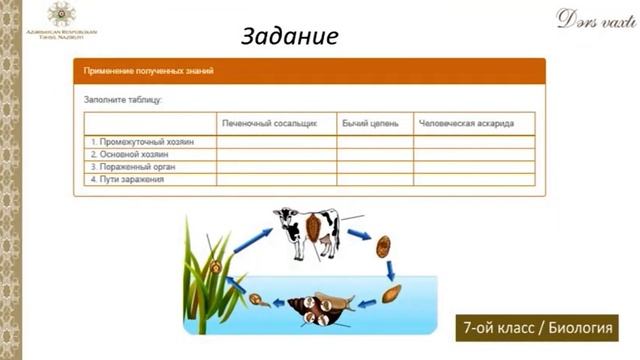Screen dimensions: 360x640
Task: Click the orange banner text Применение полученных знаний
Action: pos(150,71)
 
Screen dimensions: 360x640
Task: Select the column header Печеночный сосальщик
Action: pos(269,123)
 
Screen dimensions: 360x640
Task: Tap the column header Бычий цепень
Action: pos(370,123)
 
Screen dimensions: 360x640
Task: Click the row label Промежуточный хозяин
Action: pos(141,142)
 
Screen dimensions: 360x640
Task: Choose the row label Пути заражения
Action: pos(126,180)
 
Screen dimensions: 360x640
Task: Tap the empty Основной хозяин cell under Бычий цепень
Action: pos(375,155)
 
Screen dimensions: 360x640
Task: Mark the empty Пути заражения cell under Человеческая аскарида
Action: pos(474,180)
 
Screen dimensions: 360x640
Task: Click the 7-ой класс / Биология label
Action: pos(536,328)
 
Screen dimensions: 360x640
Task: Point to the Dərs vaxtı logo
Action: pos(590,18)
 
